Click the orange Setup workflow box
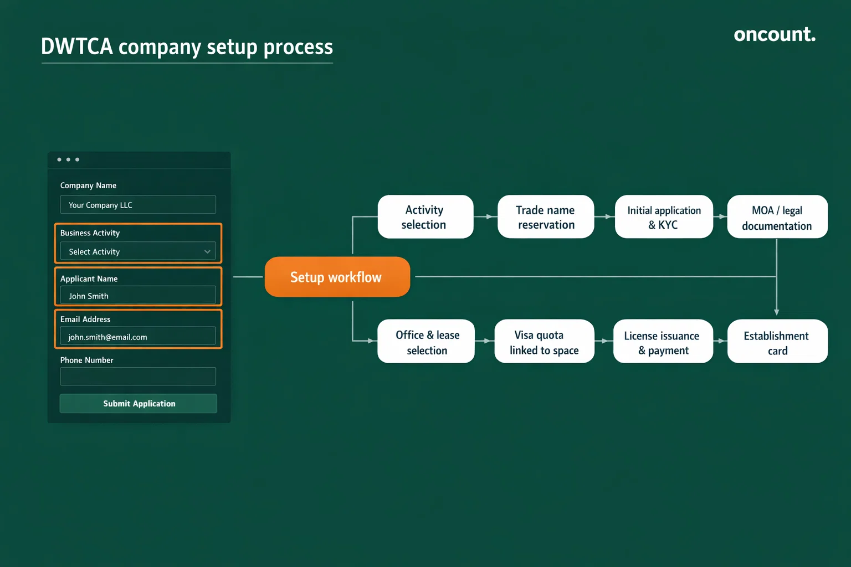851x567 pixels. pos(337,277)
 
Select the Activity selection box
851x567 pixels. pos(425,217)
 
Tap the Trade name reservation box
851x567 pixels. pos(546,217)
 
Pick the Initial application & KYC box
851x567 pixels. pos(664,217)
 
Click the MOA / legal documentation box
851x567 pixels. pos(777,217)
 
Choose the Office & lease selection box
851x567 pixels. pos(426,342)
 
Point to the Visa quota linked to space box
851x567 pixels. pos(544,342)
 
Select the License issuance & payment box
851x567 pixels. pos(663,342)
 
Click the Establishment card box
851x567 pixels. pos(777,342)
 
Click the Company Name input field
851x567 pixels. pos(138,205)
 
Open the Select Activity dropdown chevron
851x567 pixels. pos(207,252)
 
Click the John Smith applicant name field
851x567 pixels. pos(138,296)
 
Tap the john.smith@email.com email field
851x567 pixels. pos(138,337)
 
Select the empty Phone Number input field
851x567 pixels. pos(138,377)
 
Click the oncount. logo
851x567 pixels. pos(774,34)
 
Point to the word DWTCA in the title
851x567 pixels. pos(77,47)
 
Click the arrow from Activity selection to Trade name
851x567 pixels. pos(486,217)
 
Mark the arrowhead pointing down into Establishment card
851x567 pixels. pos(777,312)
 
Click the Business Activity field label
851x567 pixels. pos(90,233)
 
